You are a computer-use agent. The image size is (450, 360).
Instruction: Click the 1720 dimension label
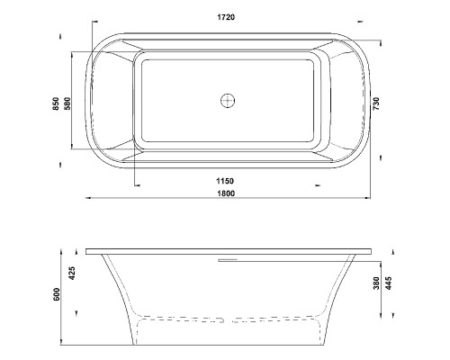click(x=226, y=17)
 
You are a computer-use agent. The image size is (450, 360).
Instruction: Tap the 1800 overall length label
click(x=226, y=193)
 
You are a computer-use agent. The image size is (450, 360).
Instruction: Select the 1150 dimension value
click(x=225, y=181)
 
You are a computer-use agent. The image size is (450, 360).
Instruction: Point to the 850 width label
click(x=56, y=103)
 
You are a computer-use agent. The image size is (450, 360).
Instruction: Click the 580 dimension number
click(x=67, y=103)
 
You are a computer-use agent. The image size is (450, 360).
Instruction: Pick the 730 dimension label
click(x=376, y=103)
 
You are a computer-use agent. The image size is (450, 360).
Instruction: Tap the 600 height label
click(x=57, y=294)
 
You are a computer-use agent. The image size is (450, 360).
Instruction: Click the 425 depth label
click(x=72, y=273)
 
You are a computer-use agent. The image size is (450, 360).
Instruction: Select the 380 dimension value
click(x=376, y=283)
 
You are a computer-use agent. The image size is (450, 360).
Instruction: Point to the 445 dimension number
click(x=389, y=283)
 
